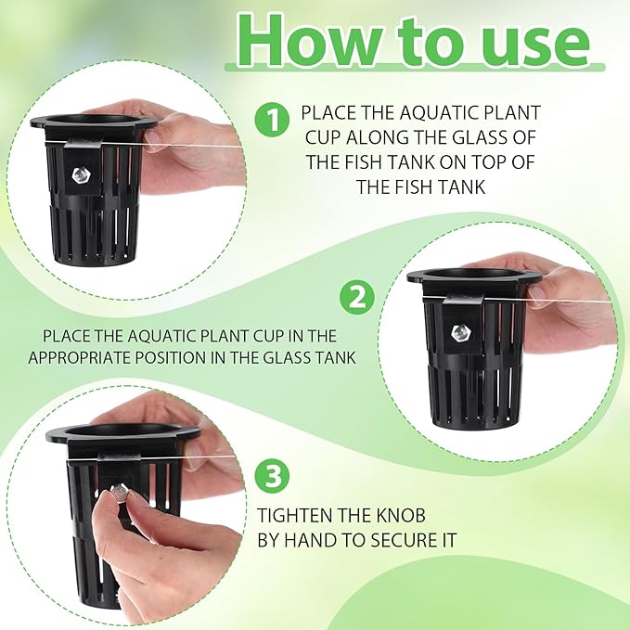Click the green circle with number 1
coord(271,120)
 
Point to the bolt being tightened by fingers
coord(120,493)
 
